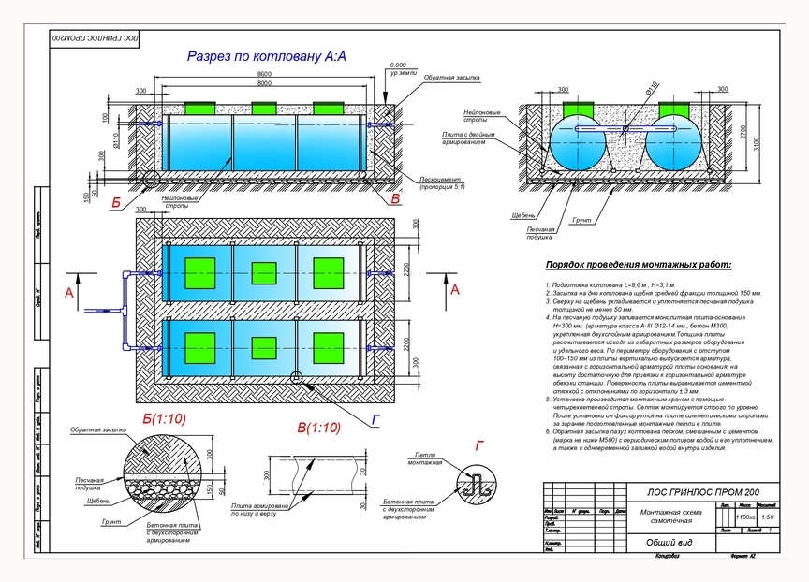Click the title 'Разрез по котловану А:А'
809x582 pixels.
(267, 57)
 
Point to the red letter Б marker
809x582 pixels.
(116, 200)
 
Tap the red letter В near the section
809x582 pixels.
(395, 199)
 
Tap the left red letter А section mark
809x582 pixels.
(68, 293)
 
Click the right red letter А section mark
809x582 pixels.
(455, 291)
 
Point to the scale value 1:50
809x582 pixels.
(768, 517)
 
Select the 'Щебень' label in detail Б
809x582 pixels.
(87, 501)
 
